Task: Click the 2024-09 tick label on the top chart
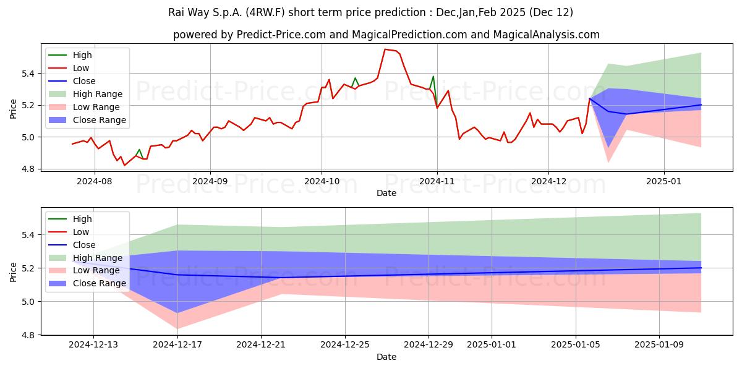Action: pos(210,181)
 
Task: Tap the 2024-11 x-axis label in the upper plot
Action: pos(437,181)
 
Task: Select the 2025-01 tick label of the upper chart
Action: pos(664,181)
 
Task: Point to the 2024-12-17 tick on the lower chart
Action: pos(177,344)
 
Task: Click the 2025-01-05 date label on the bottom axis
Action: pos(576,344)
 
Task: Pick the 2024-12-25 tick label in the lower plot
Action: pos(345,344)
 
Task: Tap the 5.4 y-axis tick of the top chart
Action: pos(28,74)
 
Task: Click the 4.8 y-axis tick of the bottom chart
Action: pos(28,335)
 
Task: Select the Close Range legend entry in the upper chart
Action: pos(87,120)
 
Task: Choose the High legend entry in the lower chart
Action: pos(70,219)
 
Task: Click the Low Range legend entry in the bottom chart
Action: pos(84,270)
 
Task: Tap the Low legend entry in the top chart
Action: pos(69,68)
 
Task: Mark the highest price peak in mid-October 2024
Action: pos(385,49)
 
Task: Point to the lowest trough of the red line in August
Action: pos(124,165)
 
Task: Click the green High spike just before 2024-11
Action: pos(433,77)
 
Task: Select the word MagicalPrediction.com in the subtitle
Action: pos(409,35)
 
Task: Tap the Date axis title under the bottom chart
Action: pos(386,357)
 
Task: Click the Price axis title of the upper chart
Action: pos(13,109)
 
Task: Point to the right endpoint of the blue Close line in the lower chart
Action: pos(701,268)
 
